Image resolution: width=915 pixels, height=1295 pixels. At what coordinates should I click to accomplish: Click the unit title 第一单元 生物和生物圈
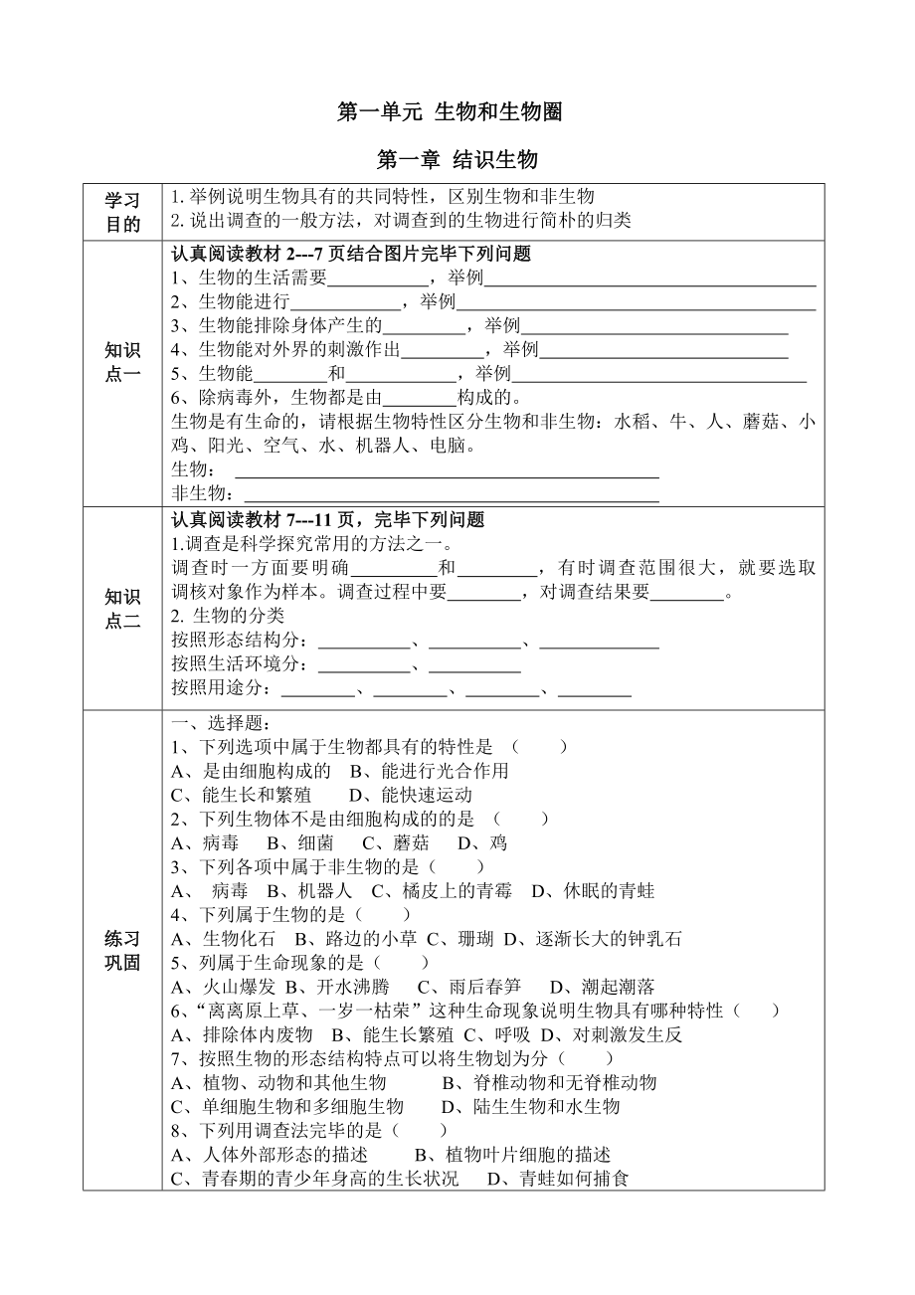[x=451, y=112]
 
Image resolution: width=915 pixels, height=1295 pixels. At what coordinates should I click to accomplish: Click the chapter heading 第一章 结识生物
[x=457, y=160]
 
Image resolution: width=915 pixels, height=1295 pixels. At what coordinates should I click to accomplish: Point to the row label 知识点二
[x=123, y=608]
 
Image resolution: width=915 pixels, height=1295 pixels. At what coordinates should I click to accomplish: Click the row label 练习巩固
[x=123, y=950]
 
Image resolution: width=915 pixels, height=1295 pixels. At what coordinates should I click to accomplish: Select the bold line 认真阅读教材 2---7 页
[x=351, y=254]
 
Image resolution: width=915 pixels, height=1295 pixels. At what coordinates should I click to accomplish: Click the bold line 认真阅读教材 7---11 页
[x=327, y=519]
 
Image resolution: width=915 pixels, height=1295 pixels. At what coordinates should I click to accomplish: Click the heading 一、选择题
[x=214, y=723]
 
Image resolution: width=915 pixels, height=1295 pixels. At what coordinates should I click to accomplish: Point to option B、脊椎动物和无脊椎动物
[x=549, y=1082]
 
